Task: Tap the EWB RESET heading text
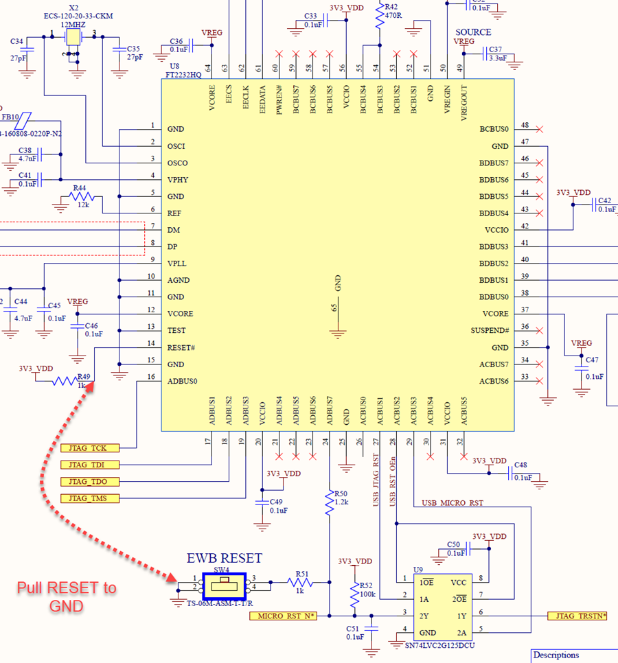click(x=225, y=558)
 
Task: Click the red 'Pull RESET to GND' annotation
click(x=67, y=597)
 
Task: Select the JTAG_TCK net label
click(x=90, y=447)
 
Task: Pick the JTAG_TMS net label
click(x=90, y=498)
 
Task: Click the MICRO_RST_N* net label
click(x=282, y=616)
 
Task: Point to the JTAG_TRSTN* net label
click(x=577, y=616)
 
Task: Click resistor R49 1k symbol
click(x=67, y=381)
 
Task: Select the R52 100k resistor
click(x=355, y=598)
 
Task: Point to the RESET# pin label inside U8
click(x=182, y=347)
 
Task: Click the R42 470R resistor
click(x=379, y=17)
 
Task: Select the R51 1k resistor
click(x=300, y=583)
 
